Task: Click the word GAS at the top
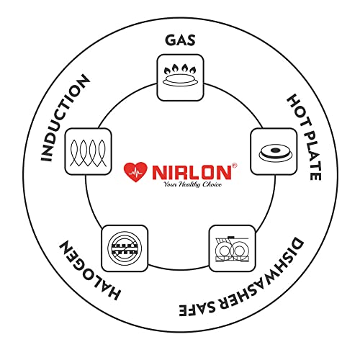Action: (180, 40)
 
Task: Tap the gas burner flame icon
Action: (180, 75)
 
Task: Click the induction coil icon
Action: (88, 153)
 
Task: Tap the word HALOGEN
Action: (89, 270)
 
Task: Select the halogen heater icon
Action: (125, 248)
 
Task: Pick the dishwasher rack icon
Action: (232, 249)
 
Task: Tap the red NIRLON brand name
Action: (192, 172)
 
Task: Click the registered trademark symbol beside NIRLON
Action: (234, 166)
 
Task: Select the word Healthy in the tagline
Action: (189, 184)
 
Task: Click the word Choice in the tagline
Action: (212, 184)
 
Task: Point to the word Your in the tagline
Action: (171, 184)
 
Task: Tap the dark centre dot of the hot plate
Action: (274, 150)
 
